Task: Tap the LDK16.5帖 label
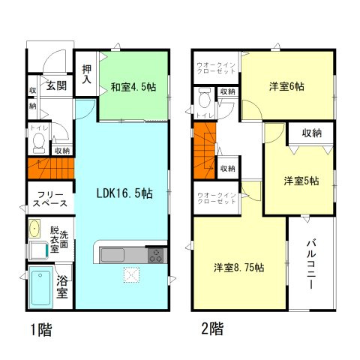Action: click(x=126, y=193)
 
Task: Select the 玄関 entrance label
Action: click(x=56, y=85)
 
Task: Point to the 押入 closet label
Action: click(x=87, y=73)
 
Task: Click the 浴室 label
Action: click(x=63, y=287)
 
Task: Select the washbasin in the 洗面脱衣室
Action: click(x=34, y=229)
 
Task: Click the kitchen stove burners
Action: click(x=157, y=255)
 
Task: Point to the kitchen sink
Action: click(x=112, y=254)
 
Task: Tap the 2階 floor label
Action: click(x=211, y=328)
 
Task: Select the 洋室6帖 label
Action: click(x=286, y=86)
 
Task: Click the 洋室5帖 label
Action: click(x=300, y=181)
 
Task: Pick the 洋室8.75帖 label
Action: click(x=241, y=267)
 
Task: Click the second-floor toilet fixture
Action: click(x=204, y=100)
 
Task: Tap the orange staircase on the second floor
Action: click(x=205, y=154)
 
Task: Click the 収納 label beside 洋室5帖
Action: click(x=312, y=133)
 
